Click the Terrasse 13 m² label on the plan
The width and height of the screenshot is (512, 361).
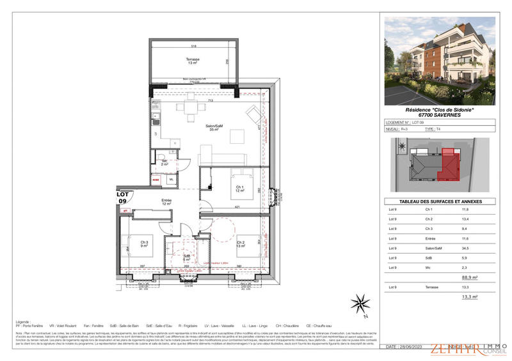click(193, 61)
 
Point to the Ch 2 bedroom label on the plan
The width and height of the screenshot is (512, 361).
click(241, 243)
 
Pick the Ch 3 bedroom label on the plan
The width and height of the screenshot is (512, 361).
click(144, 243)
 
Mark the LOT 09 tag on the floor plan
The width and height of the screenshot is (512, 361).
click(122, 197)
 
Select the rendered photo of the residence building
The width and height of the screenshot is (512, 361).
click(439, 61)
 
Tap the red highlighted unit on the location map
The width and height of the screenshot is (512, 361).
click(447, 163)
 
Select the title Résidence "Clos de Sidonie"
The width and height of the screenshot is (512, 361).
click(439, 109)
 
